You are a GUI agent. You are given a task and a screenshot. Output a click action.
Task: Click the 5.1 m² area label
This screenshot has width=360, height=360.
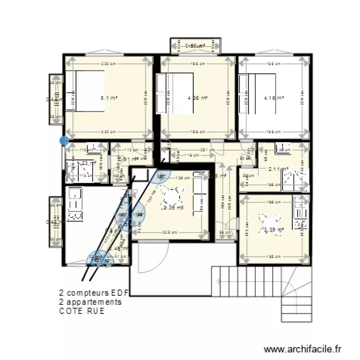109,98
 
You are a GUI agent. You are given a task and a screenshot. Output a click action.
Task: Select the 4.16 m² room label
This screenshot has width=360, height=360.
274,98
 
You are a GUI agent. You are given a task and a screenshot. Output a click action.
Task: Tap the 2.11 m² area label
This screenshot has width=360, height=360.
278,169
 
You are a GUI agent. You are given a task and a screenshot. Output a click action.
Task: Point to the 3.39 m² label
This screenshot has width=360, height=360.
273,230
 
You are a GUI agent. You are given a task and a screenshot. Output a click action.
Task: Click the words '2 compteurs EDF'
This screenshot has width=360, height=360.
91,292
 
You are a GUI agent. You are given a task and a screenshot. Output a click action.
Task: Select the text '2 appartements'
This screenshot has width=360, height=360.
90,302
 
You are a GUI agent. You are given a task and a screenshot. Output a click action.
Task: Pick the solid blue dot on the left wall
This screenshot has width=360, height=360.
63,141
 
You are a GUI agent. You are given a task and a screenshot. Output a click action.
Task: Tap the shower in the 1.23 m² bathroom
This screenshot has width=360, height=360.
72,170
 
